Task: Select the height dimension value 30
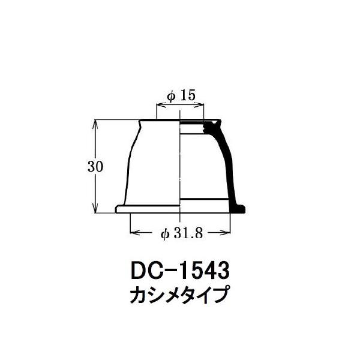pos(95,166)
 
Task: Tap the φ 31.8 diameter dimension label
pos(182,234)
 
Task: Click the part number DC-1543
pos(180,271)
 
